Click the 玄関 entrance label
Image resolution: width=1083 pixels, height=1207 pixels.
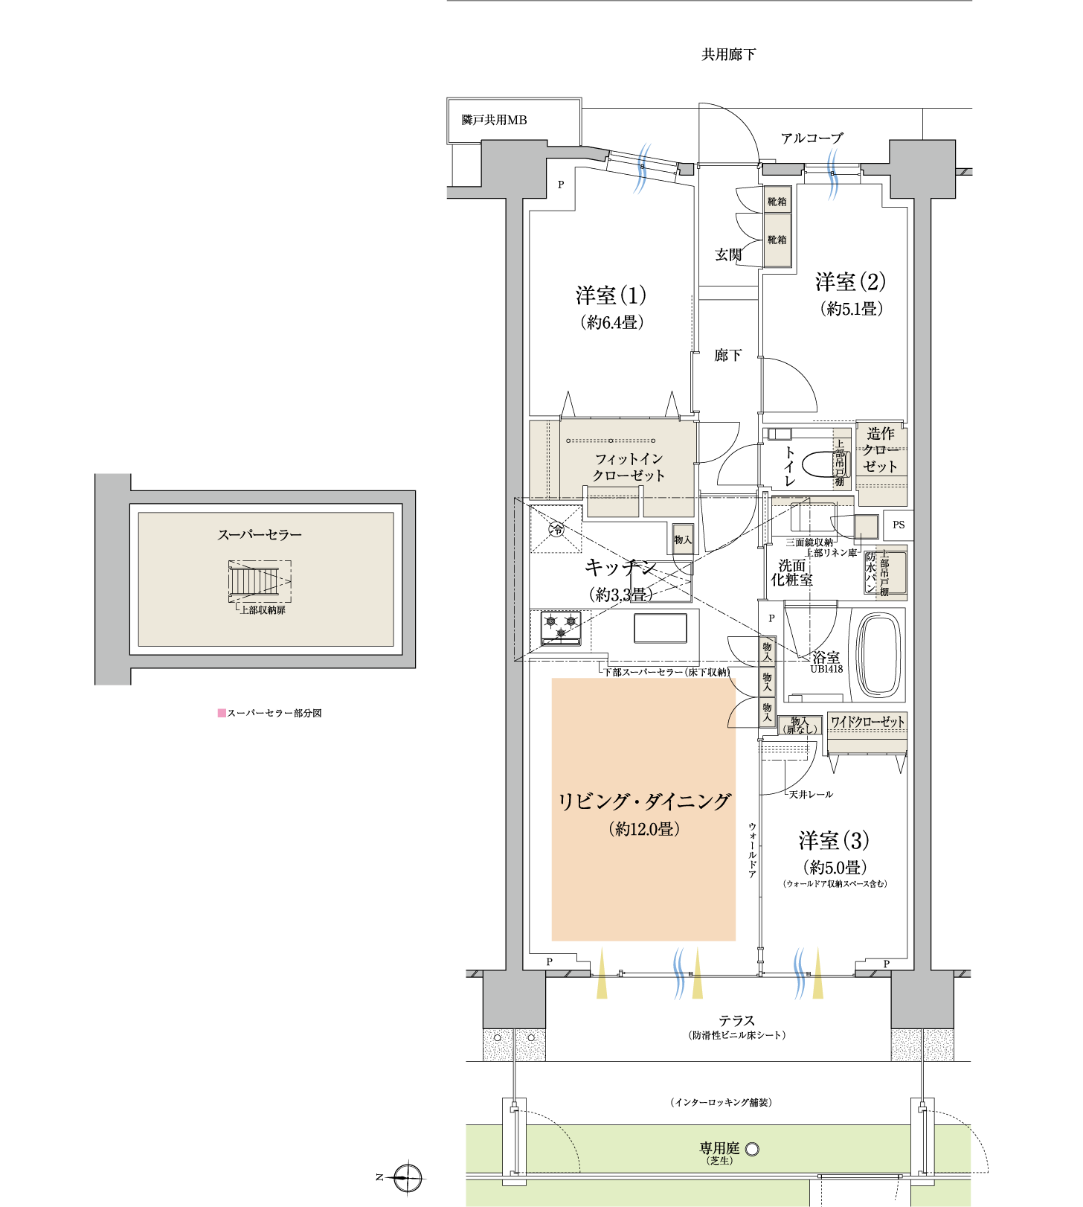point(728,254)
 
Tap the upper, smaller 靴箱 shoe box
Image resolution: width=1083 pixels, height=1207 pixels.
point(777,201)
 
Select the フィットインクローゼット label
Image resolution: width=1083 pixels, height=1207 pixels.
point(629,467)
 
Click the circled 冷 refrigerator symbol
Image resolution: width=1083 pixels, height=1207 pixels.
point(556,529)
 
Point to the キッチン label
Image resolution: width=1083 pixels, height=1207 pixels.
point(621,568)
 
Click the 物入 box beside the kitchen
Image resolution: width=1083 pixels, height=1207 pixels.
point(683,540)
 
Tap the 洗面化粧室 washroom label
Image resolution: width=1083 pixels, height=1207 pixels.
point(792,573)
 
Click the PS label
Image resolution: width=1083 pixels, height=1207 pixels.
point(899,525)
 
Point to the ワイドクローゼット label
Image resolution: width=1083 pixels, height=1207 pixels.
point(867,722)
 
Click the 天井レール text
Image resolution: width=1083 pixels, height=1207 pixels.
point(811,795)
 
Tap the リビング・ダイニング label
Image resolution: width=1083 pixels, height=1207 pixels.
point(644,802)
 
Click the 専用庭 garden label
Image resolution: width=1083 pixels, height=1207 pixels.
point(719,1148)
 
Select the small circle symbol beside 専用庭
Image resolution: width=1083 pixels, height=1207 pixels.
point(752,1149)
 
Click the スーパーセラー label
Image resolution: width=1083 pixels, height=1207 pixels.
point(260,535)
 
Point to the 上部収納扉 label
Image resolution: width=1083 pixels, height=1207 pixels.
point(263,610)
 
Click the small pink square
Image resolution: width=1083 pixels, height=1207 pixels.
point(222,713)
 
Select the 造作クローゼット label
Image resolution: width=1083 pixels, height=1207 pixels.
point(881,449)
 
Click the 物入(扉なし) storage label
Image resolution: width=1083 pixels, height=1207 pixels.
point(800,726)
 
